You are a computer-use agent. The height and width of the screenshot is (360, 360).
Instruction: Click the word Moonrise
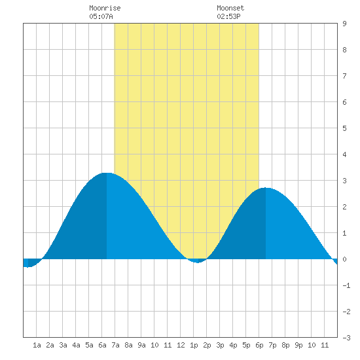(x=105, y=8)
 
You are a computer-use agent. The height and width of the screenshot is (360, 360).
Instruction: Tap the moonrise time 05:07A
(x=101, y=16)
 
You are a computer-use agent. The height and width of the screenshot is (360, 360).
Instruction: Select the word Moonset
(x=230, y=8)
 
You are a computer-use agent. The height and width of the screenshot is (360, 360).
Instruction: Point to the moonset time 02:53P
(x=228, y=16)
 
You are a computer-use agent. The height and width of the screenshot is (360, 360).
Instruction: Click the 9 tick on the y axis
(x=344, y=24)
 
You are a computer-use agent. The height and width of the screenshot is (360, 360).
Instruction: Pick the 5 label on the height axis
(x=344, y=128)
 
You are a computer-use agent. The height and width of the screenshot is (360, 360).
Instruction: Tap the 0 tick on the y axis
(x=344, y=259)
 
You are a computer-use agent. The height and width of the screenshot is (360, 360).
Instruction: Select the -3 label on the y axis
(x=346, y=338)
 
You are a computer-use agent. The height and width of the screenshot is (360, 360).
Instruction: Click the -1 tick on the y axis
(x=346, y=285)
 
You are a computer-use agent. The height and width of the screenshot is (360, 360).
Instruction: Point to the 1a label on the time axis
(x=37, y=345)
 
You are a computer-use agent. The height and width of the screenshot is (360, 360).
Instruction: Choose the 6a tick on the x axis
(x=102, y=345)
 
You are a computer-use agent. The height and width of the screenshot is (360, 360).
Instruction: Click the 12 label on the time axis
(x=181, y=345)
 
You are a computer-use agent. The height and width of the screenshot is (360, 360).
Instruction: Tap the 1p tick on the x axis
(x=194, y=345)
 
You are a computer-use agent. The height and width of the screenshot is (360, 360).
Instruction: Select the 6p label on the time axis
(x=259, y=345)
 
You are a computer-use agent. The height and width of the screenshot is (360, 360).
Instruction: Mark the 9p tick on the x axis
(x=298, y=345)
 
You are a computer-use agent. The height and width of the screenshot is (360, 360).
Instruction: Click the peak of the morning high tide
(x=107, y=173)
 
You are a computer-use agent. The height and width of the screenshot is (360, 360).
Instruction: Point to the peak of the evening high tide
(x=265, y=188)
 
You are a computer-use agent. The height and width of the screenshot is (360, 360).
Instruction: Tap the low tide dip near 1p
(x=198, y=262)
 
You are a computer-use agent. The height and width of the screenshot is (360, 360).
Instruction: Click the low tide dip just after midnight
(x=27, y=267)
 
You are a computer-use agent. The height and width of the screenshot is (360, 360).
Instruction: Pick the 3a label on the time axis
(x=63, y=345)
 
